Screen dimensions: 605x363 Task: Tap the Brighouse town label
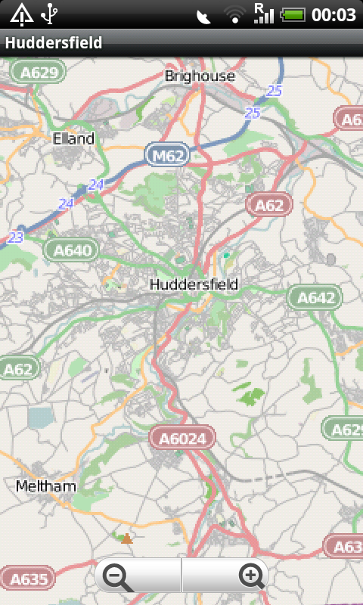click(x=200, y=76)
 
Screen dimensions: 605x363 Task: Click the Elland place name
click(x=73, y=138)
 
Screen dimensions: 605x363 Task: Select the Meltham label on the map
click(x=46, y=486)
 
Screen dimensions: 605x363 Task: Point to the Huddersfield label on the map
click(x=194, y=285)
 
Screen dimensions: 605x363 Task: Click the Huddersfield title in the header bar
click(x=54, y=43)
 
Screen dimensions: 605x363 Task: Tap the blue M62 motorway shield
click(x=167, y=156)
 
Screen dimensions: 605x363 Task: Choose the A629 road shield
click(x=39, y=73)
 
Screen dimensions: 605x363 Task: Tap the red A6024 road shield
click(x=182, y=437)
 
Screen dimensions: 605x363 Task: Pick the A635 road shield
click(x=27, y=580)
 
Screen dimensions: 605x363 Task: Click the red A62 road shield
click(x=269, y=204)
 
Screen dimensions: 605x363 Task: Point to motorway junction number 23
click(x=16, y=237)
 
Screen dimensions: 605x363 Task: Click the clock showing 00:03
click(x=334, y=14)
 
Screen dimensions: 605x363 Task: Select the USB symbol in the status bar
click(x=50, y=14)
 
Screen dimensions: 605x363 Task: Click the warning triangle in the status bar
click(x=21, y=14)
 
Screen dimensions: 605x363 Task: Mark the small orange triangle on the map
click(x=127, y=539)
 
